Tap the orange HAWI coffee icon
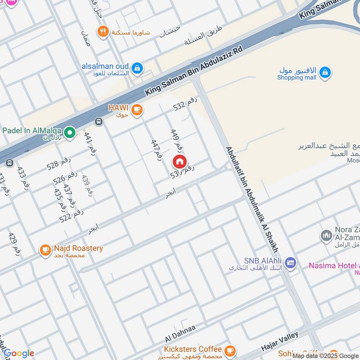coord(137,109)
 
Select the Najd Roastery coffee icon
coord(45,250)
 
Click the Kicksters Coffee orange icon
coord(229,350)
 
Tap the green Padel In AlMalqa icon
coord(69,132)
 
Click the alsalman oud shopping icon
coord(138,69)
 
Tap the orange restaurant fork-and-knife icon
coord(103,31)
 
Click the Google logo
coord(19,354)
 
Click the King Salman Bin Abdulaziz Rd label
coord(193,70)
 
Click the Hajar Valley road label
coord(279,342)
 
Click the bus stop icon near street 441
coord(99,121)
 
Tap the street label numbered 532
coord(185,105)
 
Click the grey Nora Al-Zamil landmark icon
coord(326,235)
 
